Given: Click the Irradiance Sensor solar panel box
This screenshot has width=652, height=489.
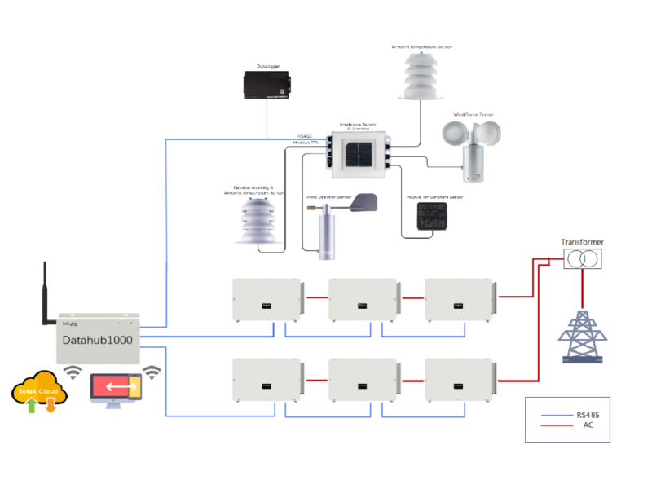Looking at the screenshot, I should pyautogui.click(x=358, y=155).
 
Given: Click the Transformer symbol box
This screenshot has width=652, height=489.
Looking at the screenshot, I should pyautogui.click(x=584, y=259).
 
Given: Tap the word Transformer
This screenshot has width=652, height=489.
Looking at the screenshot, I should pyautogui.click(x=584, y=242).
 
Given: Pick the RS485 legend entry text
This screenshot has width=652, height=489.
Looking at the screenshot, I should pyautogui.click(x=588, y=415).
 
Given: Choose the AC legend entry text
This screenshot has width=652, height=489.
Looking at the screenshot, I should pyautogui.click(x=588, y=425).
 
